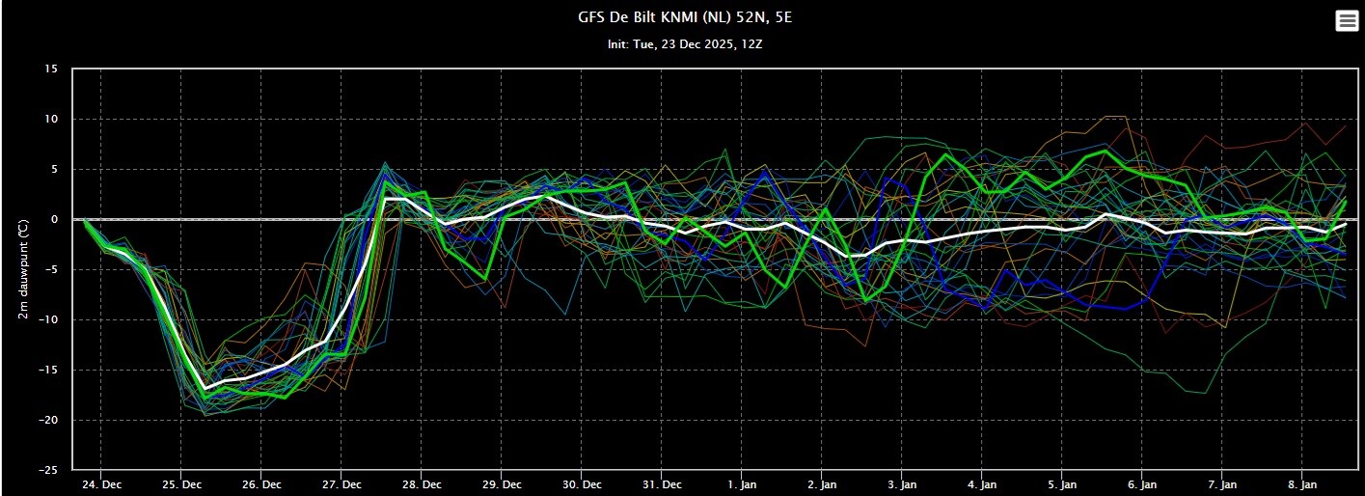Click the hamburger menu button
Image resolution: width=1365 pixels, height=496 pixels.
(x=1347, y=21)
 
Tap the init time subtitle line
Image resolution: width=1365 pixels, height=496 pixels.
(x=682, y=44)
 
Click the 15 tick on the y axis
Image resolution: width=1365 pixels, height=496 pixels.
(x=51, y=69)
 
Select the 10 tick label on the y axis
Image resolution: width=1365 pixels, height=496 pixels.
(x=51, y=120)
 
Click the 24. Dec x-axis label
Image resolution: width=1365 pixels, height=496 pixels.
(x=102, y=483)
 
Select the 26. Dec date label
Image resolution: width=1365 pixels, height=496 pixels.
(x=262, y=483)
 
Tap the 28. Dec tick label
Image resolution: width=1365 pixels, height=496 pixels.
(x=423, y=483)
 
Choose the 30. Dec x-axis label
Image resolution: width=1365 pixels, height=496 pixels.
(x=583, y=483)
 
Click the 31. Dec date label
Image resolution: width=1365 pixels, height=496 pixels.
(x=663, y=483)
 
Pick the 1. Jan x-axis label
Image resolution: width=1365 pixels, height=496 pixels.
(x=743, y=483)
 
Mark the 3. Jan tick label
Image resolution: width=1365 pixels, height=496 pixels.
(x=903, y=483)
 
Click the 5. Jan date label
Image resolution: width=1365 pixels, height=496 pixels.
(x=1063, y=483)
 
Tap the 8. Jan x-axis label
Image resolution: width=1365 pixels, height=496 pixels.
(x=1303, y=483)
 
